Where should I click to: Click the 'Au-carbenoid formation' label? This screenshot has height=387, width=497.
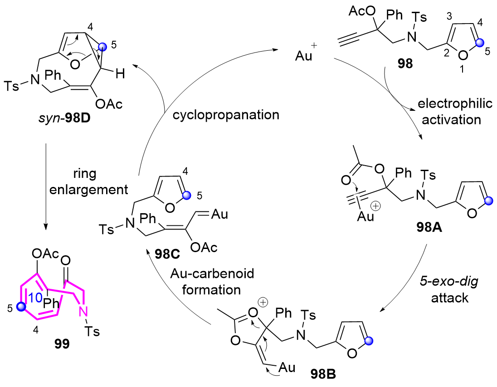click(210, 282)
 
